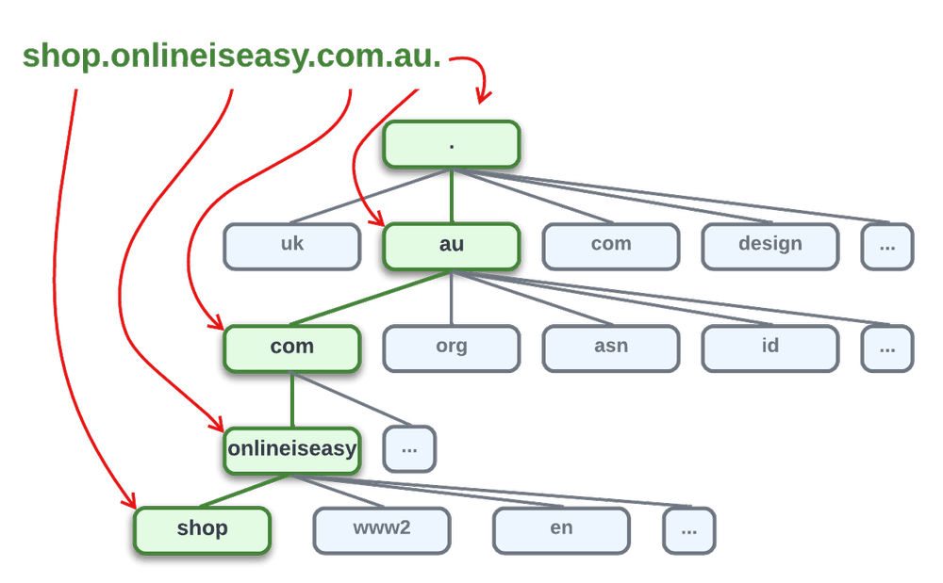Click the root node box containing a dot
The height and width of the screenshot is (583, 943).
[452, 144]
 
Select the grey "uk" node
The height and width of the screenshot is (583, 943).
[292, 245]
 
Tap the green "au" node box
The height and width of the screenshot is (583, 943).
[452, 245]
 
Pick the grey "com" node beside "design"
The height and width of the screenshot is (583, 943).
[611, 245]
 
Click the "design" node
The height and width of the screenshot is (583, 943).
[769, 245]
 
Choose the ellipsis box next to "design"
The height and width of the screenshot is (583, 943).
[886, 246]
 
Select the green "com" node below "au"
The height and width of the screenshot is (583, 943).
[292, 348]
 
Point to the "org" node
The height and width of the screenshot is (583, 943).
[452, 347]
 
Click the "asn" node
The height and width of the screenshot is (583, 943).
[611, 347]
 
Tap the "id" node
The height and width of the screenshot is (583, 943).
[769, 347]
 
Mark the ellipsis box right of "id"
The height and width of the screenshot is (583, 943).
[886, 348]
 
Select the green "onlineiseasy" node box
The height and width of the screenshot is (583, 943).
[292, 448]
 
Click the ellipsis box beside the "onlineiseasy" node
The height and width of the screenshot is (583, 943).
[409, 449]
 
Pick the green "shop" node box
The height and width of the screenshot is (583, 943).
[203, 529]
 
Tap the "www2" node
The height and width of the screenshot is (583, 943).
[382, 529]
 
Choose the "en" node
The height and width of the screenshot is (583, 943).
[561, 529]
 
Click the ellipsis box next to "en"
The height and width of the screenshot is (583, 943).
[689, 530]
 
